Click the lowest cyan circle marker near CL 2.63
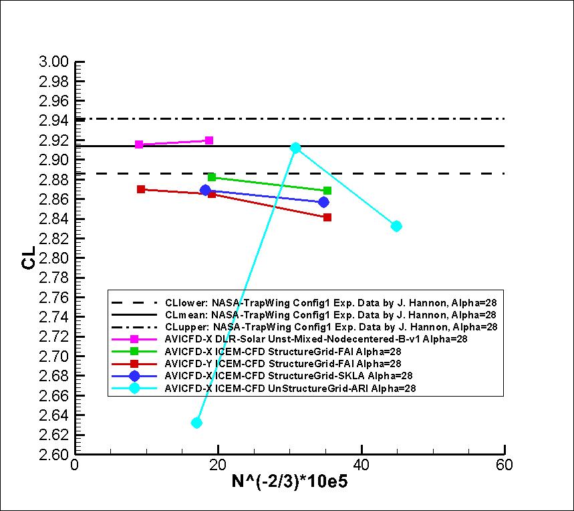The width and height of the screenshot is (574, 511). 196,423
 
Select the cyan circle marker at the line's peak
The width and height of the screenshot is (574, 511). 295,148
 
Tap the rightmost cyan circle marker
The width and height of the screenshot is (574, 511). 396,226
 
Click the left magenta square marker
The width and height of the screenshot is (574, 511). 139,144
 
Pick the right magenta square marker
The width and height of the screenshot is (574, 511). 209,140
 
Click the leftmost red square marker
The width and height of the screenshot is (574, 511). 141,189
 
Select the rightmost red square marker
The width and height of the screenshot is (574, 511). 327,217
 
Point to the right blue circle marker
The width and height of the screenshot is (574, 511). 323,202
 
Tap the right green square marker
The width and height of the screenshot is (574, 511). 327,191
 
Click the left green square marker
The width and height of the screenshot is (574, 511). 212,177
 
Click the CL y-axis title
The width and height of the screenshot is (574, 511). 28,258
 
